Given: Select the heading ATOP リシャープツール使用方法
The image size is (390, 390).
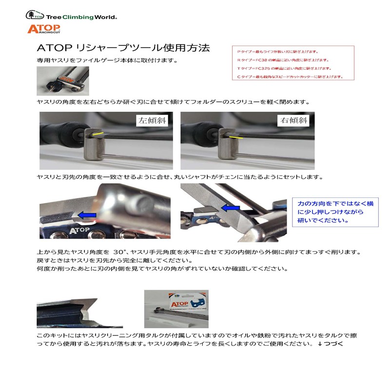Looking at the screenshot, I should [123, 48].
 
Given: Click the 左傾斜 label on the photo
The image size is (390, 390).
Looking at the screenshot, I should [152, 120].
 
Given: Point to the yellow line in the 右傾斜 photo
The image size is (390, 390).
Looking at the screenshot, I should [237, 138].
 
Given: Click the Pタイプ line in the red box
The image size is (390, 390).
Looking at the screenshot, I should [277, 52].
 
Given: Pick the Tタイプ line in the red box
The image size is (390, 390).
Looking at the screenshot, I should [284, 68].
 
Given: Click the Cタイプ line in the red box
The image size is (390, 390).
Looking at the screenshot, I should [289, 77].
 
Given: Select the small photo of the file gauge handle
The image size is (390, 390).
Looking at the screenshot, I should [62, 81].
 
